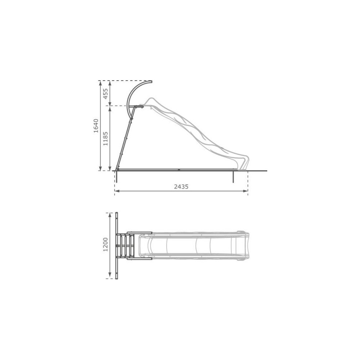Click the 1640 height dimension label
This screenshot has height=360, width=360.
pos(96,125)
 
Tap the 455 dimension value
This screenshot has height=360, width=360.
pos(105,94)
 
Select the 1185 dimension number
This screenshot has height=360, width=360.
pos(105,138)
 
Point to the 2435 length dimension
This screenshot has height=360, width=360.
pos(181,187)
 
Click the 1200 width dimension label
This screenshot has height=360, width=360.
pos(105,244)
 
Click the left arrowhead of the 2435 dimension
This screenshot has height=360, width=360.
pos(117,191)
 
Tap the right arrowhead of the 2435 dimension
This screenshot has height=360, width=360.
pos(246,191)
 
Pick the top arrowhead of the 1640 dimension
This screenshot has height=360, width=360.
pos(100,83)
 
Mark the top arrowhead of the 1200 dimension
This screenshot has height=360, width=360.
pos(110,215)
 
